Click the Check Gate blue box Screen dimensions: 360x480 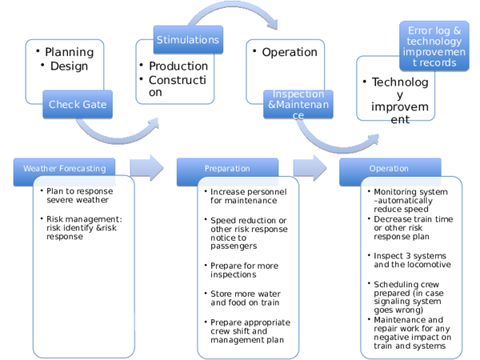77,104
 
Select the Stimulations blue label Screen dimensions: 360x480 187,40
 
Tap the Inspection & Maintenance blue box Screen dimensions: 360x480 298,105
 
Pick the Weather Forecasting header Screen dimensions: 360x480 64,169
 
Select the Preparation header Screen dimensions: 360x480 227,169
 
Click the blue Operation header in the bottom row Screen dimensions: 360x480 389,169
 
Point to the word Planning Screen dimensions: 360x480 69,52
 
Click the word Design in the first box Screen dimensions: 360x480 69,66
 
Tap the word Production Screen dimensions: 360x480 178,66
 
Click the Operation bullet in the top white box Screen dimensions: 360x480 290,52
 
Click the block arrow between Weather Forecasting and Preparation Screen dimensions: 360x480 146,168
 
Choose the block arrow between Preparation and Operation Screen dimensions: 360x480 310,168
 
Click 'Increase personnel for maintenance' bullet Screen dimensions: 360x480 244,196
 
